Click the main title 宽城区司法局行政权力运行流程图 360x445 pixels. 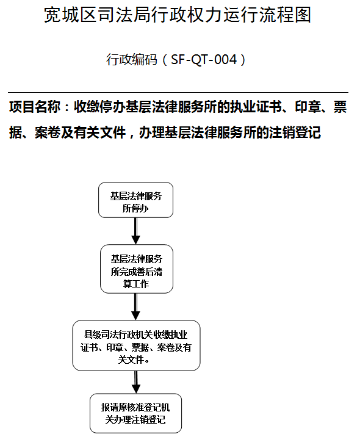coord(178,15)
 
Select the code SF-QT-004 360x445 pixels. coord(204,60)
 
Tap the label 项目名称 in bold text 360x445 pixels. coord(35,107)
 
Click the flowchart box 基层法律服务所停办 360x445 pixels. coord(135,200)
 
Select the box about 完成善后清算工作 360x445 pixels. coord(137,269)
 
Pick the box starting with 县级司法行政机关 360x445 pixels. coord(136,346)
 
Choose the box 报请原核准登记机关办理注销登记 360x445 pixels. coord(135,413)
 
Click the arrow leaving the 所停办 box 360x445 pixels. coord(136,231)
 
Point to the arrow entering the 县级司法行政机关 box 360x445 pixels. coord(136,307)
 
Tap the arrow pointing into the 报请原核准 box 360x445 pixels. coord(136,382)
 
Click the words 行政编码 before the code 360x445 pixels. coord(132,60)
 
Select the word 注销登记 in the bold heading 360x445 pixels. coord(295,132)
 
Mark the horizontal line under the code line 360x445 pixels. coord(178,93)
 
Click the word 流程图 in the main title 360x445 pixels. coord(285,15)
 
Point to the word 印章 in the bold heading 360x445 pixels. coord(308,107)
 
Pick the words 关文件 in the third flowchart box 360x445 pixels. coord(131,360)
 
